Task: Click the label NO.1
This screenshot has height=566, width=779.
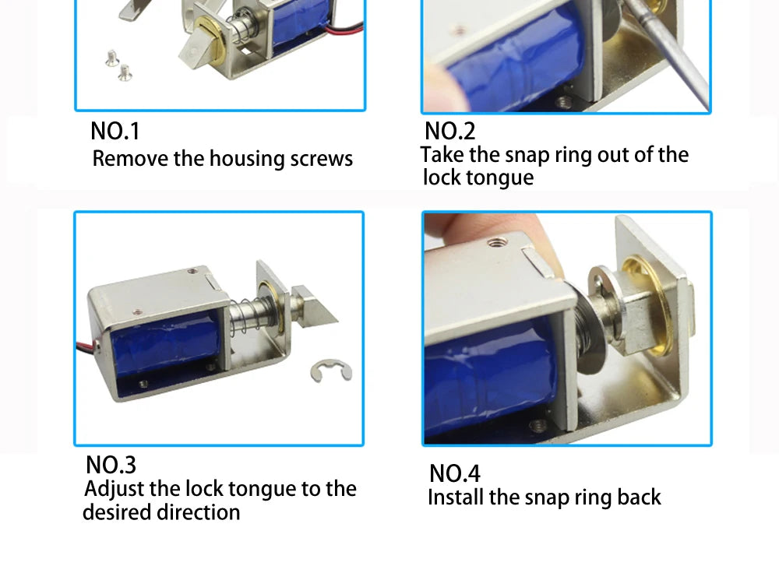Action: coord(115,131)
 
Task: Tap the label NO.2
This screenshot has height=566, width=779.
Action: coord(449,130)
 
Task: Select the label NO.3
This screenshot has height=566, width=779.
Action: coord(111,465)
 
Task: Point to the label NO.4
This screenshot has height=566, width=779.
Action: coord(455,473)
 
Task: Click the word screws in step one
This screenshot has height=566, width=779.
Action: coord(321,159)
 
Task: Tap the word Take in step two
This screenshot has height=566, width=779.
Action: coord(442,154)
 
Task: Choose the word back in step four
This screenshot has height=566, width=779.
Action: coord(639,497)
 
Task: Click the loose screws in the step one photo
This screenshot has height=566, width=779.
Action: coord(118,65)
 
